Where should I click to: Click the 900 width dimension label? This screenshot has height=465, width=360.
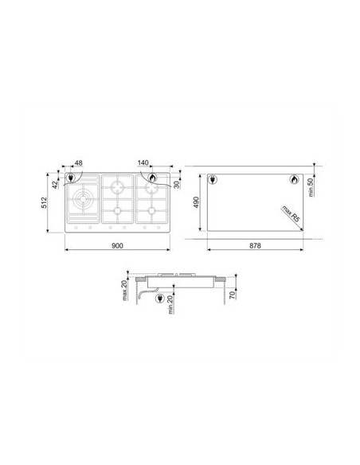click(x=117, y=245)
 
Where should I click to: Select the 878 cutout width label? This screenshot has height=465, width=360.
click(x=255, y=245)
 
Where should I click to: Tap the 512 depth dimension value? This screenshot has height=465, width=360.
click(x=44, y=202)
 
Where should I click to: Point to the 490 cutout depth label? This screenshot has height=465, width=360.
click(x=196, y=202)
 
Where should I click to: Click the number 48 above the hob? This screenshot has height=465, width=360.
click(x=79, y=162)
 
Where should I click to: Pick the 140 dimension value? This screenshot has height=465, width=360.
click(x=143, y=162)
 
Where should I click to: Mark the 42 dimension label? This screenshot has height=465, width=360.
click(x=55, y=185)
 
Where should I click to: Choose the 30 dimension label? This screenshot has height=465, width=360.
click(x=177, y=185)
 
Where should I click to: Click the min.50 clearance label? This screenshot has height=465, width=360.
click(x=311, y=187)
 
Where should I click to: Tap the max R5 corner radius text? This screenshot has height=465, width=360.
click(x=291, y=214)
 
